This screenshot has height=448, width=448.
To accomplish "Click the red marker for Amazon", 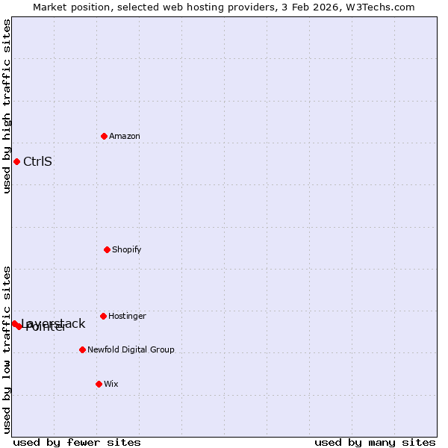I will point(104,136).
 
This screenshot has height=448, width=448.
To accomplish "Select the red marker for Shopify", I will point(107,249).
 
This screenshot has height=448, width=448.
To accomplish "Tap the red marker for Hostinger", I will point(103,316).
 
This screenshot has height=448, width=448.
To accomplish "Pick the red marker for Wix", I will point(99,384).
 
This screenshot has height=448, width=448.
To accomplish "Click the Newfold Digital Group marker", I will point(82,349).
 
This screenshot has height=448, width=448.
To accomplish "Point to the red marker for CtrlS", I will point(16,161).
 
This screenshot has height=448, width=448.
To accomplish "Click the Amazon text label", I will point(125,136).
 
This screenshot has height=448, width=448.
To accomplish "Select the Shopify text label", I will point(127,249).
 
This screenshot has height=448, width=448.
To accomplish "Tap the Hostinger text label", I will point(127,316).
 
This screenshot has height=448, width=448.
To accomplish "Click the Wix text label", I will point(111,384).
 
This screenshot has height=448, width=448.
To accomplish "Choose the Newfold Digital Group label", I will point(131,349).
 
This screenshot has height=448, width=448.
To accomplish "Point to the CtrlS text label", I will point(37,161).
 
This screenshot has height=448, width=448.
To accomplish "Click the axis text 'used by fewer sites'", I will point(77,442).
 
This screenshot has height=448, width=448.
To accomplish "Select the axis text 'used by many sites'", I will point(375,442).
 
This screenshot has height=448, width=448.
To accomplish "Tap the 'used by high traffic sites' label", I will point(7,106).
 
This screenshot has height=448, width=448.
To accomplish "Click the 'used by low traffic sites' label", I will point(7,349).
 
